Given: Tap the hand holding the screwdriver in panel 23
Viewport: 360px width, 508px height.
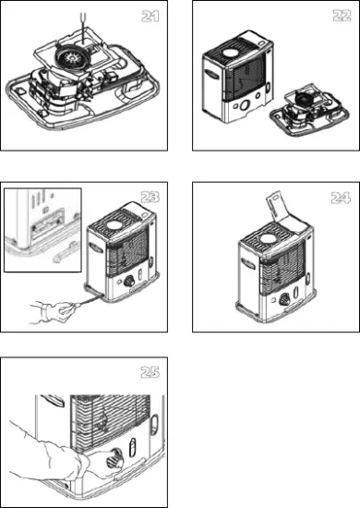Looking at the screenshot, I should (46, 310).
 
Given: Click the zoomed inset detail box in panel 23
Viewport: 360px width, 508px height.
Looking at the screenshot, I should (42, 229).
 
